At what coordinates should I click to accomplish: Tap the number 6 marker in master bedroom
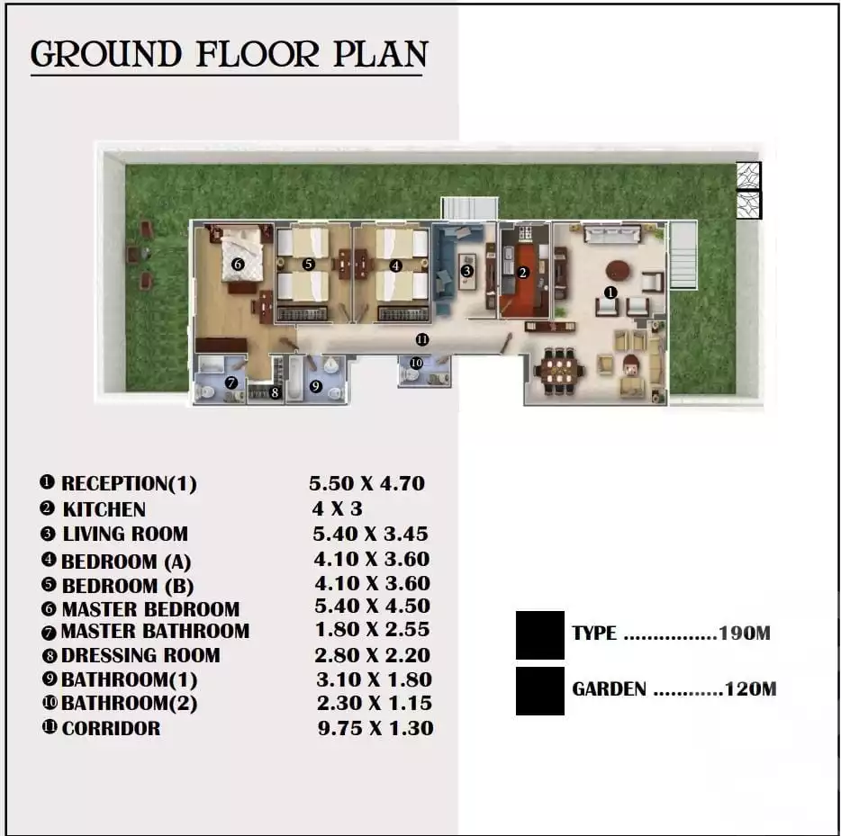[238, 265]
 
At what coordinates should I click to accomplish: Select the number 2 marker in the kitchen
[522, 272]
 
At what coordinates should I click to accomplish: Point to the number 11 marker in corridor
[420, 339]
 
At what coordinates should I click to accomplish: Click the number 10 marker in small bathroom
[415, 363]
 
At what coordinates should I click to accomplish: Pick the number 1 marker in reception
[610, 292]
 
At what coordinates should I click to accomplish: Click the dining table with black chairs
[558, 369]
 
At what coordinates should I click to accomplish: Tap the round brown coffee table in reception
[618, 269]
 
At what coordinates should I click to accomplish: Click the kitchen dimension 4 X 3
[337, 509]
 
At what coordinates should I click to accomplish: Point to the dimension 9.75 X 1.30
[375, 728]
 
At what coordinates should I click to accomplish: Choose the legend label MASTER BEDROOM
[149, 609]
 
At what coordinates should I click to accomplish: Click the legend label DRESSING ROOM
[140, 655]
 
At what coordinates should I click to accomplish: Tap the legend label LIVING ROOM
[125, 534]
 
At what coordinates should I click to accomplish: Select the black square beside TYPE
[539, 634]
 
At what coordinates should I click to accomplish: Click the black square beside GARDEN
[539, 690]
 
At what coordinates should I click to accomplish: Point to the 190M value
[744, 634]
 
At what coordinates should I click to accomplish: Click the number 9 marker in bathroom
[315, 386]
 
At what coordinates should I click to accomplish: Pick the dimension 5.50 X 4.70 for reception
[366, 483]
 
